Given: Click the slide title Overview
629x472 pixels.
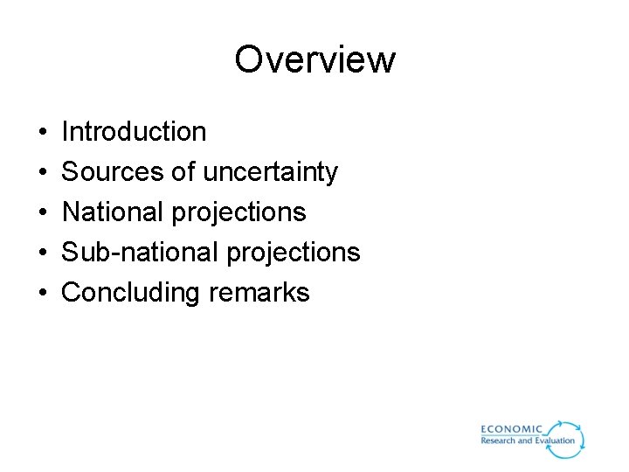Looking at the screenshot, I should [314, 59].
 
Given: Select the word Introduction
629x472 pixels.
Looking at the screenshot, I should [134, 132].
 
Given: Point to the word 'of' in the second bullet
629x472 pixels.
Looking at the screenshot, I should [183, 172].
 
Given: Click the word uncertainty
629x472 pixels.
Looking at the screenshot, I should [270, 173].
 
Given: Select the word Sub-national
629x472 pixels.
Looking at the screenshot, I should [140, 253].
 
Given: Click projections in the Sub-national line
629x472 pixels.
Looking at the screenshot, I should [293, 253].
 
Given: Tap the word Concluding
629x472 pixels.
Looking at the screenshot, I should [131, 293].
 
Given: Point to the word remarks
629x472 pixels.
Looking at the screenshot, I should [259, 293].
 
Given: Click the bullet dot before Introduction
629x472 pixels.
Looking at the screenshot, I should [44, 133].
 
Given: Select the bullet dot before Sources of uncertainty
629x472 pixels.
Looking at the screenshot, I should [44, 173].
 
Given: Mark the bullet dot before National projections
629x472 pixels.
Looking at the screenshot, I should [44, 213].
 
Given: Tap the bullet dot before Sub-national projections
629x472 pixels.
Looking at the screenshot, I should [44, 253].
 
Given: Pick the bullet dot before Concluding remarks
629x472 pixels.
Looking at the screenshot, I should [44, 294].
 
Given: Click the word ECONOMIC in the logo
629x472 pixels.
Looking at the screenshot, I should [512, 429].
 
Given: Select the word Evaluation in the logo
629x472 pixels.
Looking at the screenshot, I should [554, 441].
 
